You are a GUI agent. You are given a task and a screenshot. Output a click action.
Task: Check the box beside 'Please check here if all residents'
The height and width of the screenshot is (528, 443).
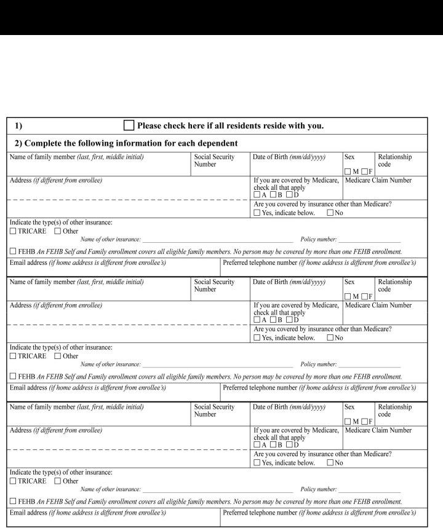tap(129, 125)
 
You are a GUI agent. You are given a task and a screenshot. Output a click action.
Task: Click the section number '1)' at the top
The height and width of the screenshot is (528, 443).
tap(18, 126)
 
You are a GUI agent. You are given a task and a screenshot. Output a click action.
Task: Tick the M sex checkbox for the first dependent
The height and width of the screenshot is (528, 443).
tap(348, 171)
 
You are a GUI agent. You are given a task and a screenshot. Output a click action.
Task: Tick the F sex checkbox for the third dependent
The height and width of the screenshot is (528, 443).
tap(365, 421)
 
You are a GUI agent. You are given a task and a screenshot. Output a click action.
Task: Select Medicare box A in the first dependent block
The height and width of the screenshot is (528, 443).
tap(257, 195)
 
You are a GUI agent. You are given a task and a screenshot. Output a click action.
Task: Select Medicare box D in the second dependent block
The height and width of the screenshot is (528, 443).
tap(289, 320)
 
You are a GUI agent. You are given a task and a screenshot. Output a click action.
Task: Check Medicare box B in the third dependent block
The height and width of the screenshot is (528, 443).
tap(273, 444)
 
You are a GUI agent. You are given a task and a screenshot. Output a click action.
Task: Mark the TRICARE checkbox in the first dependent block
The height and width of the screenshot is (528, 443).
tap(14, 231)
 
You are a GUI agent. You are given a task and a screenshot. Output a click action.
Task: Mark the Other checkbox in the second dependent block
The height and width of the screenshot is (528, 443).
tap(58, 356)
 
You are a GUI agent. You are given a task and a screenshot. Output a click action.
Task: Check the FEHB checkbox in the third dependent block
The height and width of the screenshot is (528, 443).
tap(14, 502)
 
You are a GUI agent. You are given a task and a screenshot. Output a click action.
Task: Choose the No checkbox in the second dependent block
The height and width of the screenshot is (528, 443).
tap(330, 337)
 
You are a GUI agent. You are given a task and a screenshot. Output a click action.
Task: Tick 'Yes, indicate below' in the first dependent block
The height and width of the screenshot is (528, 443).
tap(257, 213)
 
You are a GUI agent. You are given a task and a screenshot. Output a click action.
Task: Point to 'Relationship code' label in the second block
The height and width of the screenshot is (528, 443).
tap(394, 285)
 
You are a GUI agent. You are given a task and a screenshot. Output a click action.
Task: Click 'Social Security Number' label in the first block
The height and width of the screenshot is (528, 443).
tap(214, 160)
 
